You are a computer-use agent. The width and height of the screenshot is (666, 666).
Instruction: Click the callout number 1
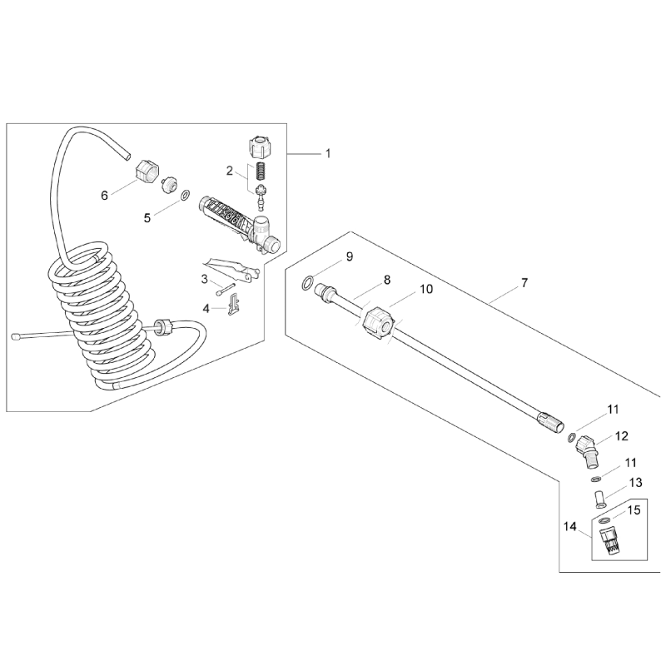coord(328,153)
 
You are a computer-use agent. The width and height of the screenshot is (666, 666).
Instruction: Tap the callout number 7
coord(524,284)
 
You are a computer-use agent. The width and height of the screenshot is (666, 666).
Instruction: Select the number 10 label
coord(426,290)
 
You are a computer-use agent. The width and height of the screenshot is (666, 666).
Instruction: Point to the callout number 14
coord(570,526)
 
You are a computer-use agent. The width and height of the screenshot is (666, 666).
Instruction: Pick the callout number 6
coord(104,195)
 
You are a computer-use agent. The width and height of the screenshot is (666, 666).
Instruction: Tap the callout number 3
coord(203,279)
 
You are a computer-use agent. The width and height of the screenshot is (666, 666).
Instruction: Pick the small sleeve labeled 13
coord(598,499)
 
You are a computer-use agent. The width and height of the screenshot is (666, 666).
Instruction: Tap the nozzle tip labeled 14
coord(610,540)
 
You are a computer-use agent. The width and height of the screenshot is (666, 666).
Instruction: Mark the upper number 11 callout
coord(613,409)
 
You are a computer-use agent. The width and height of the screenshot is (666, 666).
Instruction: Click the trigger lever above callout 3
coord(231,266)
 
